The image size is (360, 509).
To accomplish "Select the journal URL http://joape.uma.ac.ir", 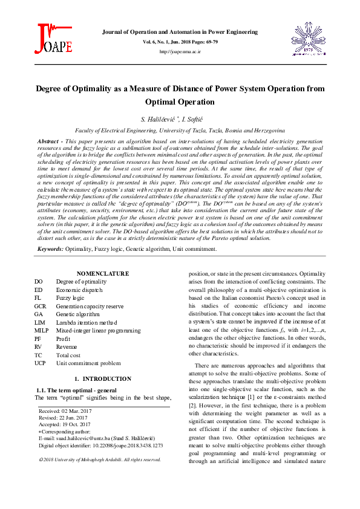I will [x=180, y=52].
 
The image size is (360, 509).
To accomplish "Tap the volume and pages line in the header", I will [x=180, y=42].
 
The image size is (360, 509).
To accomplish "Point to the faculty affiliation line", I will [x=180, y=130].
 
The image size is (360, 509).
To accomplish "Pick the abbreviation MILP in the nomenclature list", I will [x=42, y=331].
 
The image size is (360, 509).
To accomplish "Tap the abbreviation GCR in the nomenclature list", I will [x=41, y=306].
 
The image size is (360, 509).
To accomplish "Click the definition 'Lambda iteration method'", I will [x=87, y=323].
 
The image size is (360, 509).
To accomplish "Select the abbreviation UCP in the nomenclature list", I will [x=41, y=363].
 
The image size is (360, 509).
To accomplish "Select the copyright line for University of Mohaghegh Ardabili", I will [x=100, y=459].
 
